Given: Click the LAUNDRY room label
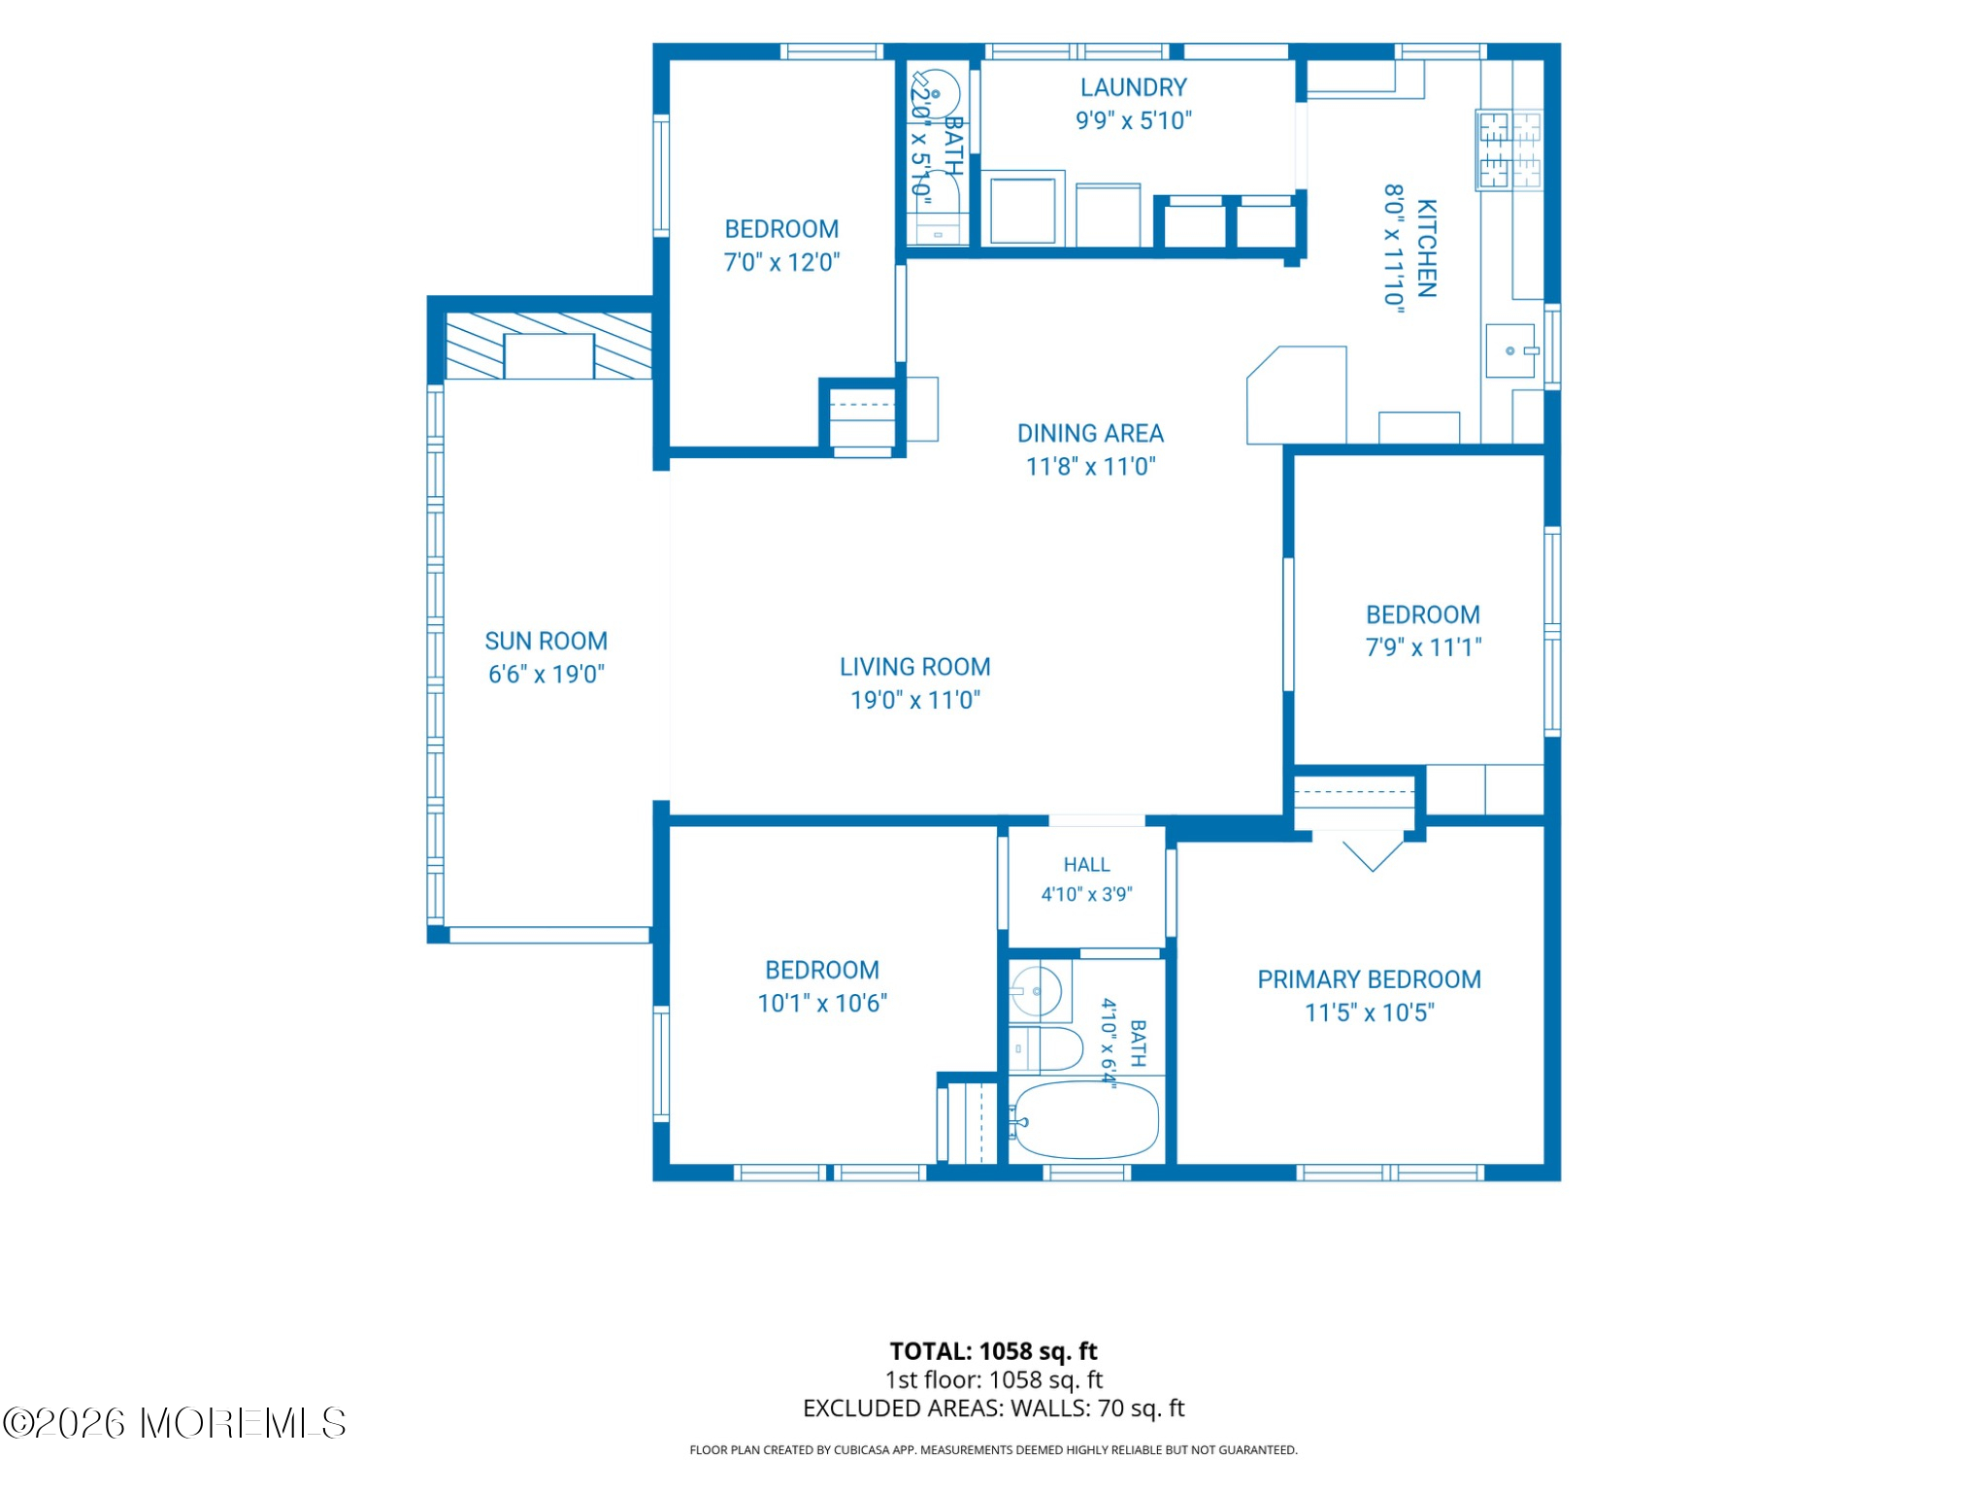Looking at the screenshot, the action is coord(1133,87).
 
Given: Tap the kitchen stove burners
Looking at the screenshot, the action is coord(1509,149).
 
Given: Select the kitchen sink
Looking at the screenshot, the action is coord(1511,350).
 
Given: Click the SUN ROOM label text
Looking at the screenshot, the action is coord(546,641).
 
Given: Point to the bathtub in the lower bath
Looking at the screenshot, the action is coord(1085,1119).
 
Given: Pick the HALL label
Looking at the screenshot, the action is coord(1086,864).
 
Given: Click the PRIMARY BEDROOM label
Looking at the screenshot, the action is coord(1369,979).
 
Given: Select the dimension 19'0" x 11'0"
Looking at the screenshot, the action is coord(915,700).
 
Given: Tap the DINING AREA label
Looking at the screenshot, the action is coord(1090,433).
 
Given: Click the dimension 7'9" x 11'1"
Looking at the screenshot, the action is coord(1423,647).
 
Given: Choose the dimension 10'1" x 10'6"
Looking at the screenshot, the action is coord(822,1003).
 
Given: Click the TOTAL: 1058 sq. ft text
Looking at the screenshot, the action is coord(993,1350).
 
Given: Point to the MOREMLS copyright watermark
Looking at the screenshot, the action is coord(175,1423).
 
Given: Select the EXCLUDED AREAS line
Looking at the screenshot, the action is coord(993,1408).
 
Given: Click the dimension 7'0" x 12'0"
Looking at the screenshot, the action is coord(781,262).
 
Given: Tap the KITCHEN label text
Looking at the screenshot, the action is coord(1426,248).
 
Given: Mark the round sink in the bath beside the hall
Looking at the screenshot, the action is coord(1035,991).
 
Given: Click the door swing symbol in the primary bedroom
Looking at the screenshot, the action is coord(1373,855).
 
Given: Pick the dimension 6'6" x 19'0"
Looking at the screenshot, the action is coord(546,674).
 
